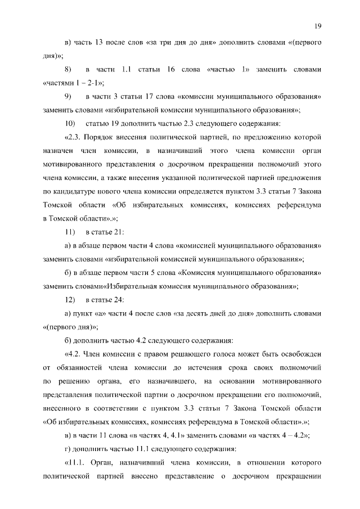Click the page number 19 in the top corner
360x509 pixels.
[318, 25]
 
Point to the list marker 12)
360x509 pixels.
[70, 299]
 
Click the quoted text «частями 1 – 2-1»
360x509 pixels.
[73, 83]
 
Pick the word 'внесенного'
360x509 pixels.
[64, 408]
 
